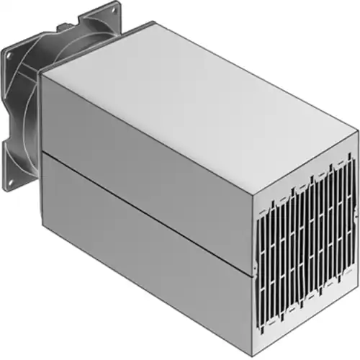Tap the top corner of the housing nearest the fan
click(41, 73)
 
